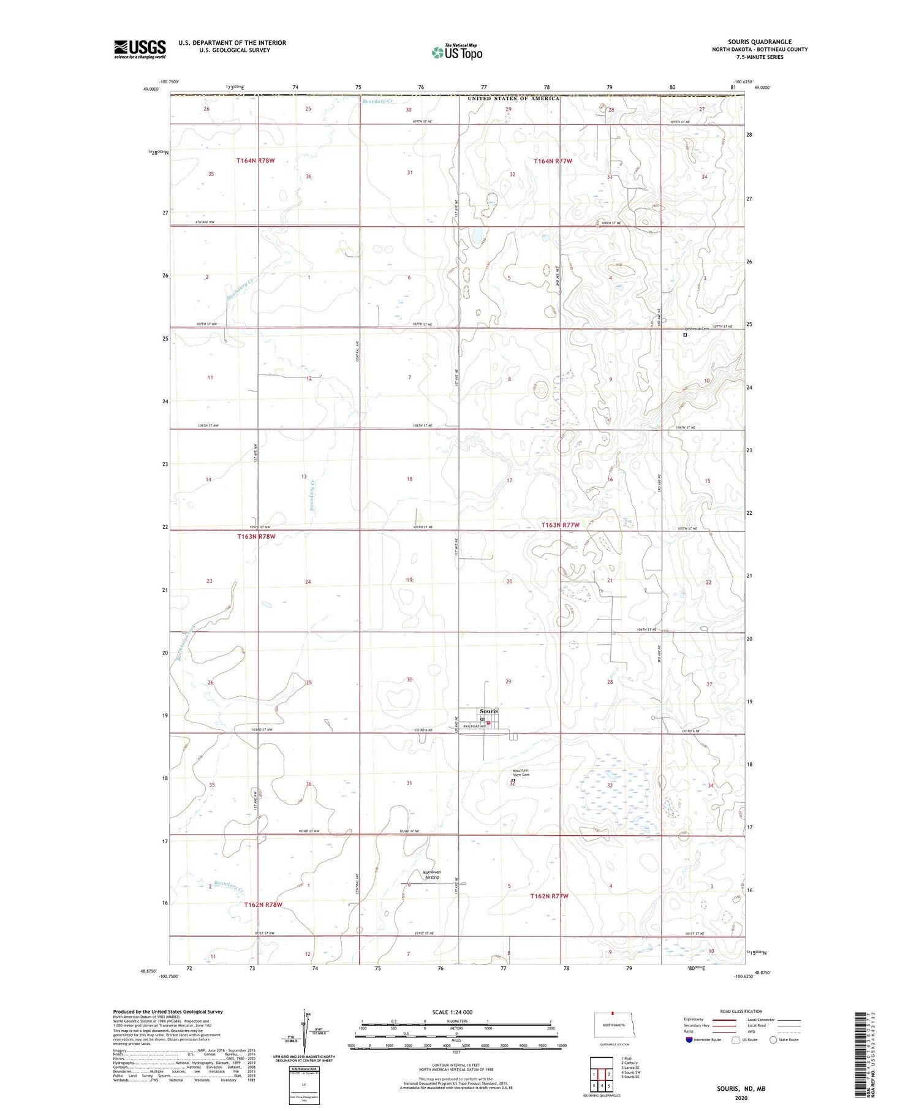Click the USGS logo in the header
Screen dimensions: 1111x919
pyautogui.click(x=140, y=49)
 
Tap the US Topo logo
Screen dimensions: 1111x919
pyautogui.click(x=456, y=53)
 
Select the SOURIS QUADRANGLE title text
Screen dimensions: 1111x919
pyautogui.click(x=759, y=42)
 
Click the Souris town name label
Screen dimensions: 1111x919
pyautogui.click(x=488, y=711)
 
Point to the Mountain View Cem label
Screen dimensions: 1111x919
pyautogui.click(x=520, y=772)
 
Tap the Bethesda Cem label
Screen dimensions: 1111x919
pyautogui.click(x=696, y=329)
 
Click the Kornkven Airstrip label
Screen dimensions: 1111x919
pyautogui.click(x=432, y=874)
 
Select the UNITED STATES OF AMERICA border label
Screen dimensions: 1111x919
pyautogui.click(x=513, y=99)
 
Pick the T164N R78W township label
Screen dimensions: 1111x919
pyautogui.click(x=255, y=161)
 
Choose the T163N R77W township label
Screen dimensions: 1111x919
pyautogui.click(x=560, y=525)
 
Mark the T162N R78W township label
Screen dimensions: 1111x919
pyautogui.click(x=263, y=904)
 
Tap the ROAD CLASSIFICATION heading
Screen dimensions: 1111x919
pyautogui.click(x=741, y=1011)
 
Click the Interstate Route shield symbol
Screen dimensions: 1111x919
pyautogui.click(x=690, y=1039)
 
